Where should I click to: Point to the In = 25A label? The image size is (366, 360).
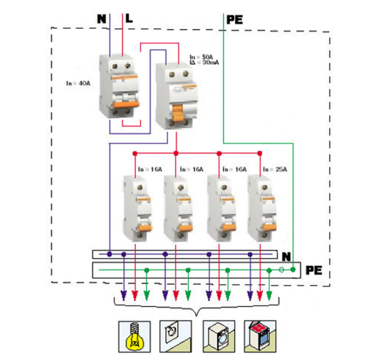click(275, 169)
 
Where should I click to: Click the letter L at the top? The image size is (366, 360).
click(129, 19)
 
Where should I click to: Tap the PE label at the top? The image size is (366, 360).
click(234, 19)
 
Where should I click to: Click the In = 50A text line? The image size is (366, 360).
click(201, 58)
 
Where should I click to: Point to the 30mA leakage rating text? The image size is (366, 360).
click(201, 64)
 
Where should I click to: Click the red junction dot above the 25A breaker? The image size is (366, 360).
click(260, 153)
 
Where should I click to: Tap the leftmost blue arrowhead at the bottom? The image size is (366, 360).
click(123, 296)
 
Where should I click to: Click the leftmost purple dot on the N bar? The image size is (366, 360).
click(109, 254)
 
